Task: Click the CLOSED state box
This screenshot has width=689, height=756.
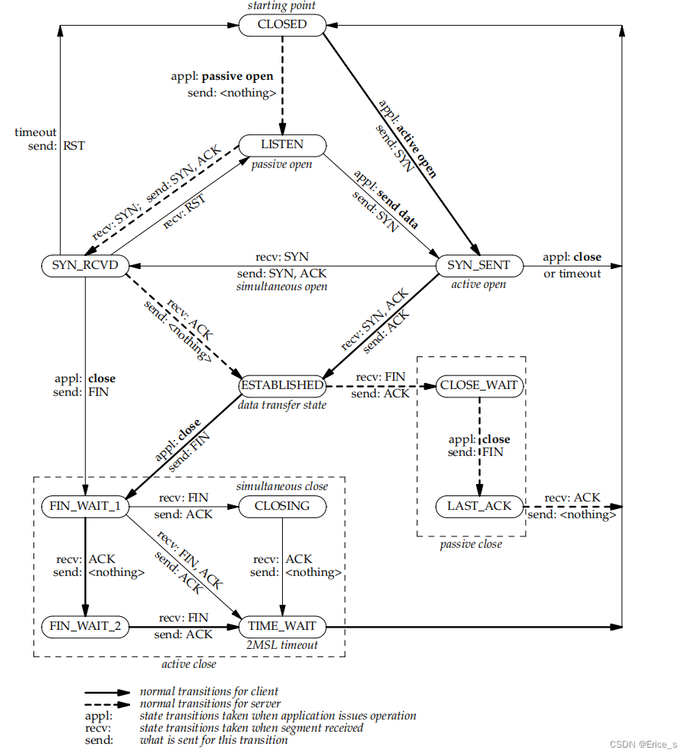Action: coord(282,24)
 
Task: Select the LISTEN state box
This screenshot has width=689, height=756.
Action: coord(282,144)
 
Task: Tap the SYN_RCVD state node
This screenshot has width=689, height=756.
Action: coord(84,266)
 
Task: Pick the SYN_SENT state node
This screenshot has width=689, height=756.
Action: coord(479,266)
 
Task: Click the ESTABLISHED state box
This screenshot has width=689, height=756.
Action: coord(282,385)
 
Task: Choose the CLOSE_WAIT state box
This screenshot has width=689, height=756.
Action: coord(479,385)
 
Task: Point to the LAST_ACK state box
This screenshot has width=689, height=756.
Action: coord(479,506)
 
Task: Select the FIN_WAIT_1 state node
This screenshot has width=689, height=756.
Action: coord(84,506)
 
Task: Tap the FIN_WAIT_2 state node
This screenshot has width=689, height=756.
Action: coord(84,628)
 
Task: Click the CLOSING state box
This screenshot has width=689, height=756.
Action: coord(282,506)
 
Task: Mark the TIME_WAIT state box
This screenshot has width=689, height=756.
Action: coord(282,628)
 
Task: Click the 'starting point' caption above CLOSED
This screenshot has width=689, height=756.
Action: coord(281,7)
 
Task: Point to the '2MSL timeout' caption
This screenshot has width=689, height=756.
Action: coord(282,645)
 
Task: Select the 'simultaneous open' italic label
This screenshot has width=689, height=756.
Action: coord(282,286)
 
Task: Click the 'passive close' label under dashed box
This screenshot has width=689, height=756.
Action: coord(471,544)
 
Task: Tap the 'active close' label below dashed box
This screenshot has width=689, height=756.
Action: coord(189,664)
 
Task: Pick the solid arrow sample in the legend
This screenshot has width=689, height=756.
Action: coord(106,692)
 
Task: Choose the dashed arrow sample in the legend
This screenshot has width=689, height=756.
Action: coord(106,704)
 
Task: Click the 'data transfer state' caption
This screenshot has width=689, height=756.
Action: coord(282,405)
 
